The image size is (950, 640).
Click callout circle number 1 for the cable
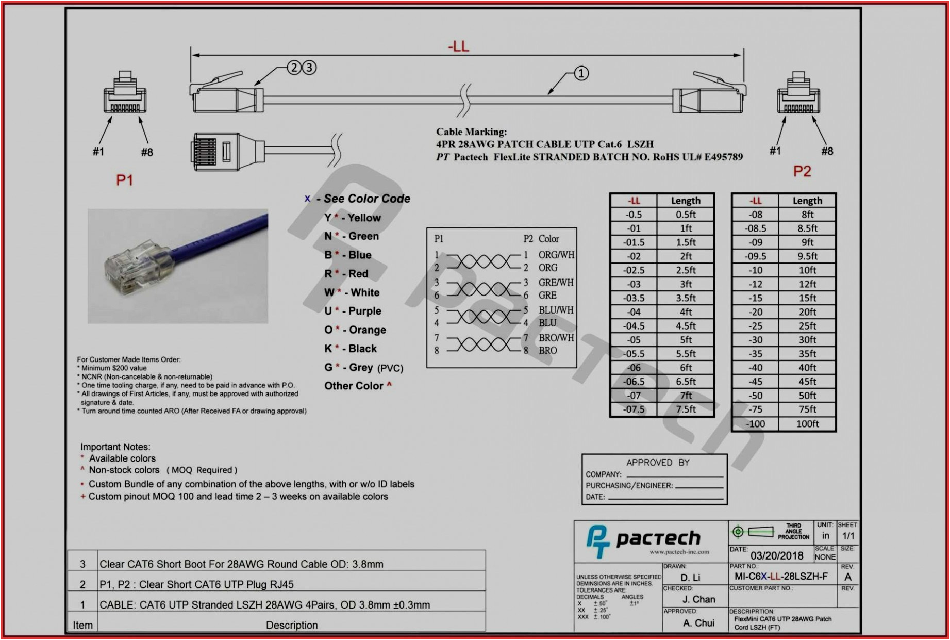coord(581,73)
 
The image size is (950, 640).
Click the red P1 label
coord(124,180)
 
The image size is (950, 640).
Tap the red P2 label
coord(802,171)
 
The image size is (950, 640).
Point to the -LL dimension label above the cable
coord(458,47)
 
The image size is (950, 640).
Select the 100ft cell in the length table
coord(807,424)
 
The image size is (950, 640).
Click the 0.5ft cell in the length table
coord(685,215)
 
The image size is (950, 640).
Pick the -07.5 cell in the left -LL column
coord(634,409)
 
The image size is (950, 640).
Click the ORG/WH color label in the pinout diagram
coord(556,255)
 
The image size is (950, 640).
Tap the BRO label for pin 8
coord(547,351)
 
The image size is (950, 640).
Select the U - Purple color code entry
coord(353,311)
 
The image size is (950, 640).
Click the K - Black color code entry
coord(351,349)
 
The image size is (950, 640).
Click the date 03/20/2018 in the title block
coord(776,555)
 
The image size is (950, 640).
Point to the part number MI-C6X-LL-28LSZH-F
coord(781,577)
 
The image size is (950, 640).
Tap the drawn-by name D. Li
coord(690,578)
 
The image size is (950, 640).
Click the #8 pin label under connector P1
coord(147,152)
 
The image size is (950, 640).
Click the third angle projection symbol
coord(753,532)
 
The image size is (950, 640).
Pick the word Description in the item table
coord(292,625)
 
